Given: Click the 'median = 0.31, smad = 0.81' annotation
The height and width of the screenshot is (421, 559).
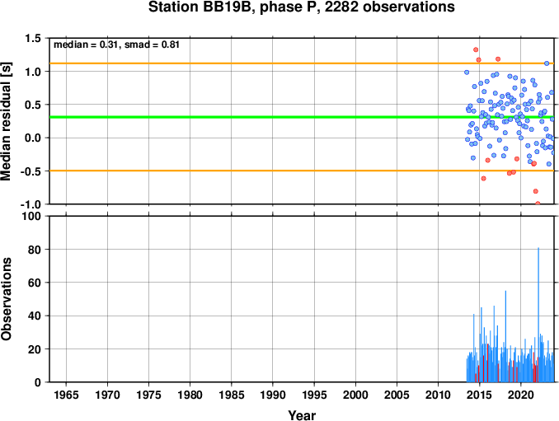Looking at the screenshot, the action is tap(116, 44).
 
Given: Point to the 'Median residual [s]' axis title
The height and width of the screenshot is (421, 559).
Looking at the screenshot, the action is tap(6, 121).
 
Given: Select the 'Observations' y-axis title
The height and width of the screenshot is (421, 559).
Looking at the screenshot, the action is tap(6, 299).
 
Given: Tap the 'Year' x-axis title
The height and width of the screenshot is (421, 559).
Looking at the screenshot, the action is tap(302, 415).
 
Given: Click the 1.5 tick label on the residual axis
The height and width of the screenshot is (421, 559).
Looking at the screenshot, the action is tap(33, 38).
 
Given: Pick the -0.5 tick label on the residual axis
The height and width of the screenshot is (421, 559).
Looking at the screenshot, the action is tap(31, 171).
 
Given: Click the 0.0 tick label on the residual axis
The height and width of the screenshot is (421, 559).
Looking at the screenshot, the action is tap(33, 138).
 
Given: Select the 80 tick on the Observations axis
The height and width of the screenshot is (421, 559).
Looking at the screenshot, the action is tap(35, 250).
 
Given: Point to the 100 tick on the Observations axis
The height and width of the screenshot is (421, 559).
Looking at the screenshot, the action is tap(31, 216).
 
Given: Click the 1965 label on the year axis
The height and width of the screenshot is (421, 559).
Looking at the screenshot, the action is tap(66, 395).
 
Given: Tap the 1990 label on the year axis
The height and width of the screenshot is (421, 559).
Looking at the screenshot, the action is tap(273, 395).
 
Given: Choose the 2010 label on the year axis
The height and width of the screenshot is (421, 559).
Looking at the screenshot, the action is tap(438, 395).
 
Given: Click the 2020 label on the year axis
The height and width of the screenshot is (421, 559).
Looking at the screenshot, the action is tap(521, 395).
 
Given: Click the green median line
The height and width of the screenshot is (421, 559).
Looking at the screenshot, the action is tap(302, 117).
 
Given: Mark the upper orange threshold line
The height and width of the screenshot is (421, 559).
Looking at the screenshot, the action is tap(302, 63).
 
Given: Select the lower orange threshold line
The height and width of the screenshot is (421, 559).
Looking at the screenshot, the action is tap(302, 171).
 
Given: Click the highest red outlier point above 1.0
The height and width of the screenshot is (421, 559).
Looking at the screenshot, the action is tap(476, 50).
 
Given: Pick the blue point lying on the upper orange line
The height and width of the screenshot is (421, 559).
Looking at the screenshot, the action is tap(547, 63).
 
